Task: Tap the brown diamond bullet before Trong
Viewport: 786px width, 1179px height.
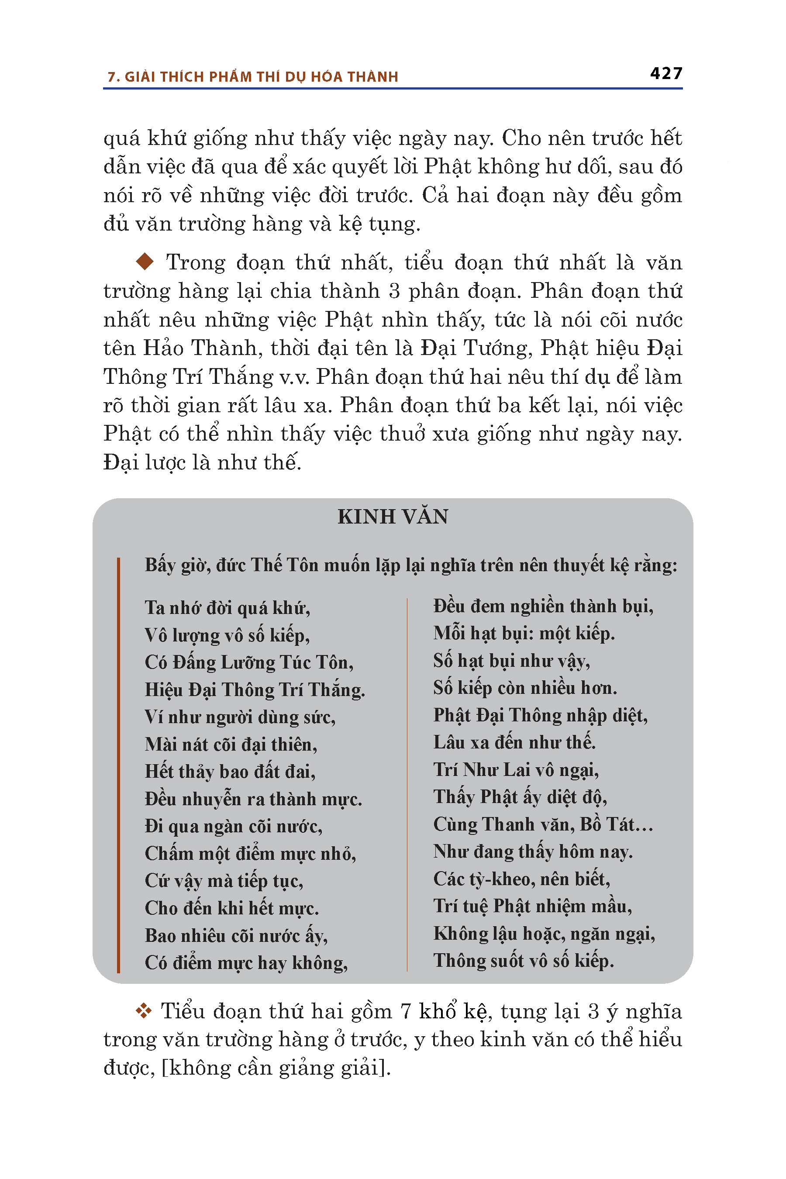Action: click(x=145, y=261)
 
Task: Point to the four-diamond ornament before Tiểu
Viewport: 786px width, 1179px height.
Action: click(x=144, y=1011)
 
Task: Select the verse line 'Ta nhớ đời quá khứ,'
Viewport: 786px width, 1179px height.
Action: click(x=228, y=608)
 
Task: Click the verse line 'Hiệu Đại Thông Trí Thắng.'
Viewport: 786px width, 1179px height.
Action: click(x=255, y=690)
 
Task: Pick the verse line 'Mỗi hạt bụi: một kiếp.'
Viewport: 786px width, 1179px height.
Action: click(x=524, y=634)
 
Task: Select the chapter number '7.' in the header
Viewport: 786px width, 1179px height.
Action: click(x=113, y=77)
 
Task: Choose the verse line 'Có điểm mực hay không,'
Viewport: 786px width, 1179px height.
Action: click(x=246, y=963)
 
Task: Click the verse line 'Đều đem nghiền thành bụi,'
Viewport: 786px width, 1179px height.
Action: click(x=543, y=607)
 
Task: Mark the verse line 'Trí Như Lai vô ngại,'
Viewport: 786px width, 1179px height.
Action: click(x=516, y=770)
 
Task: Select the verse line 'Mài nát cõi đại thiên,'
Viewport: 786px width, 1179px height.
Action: click(x=231, y=745)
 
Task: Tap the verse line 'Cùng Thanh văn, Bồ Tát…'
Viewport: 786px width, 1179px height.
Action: click(x=543, y=824)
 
